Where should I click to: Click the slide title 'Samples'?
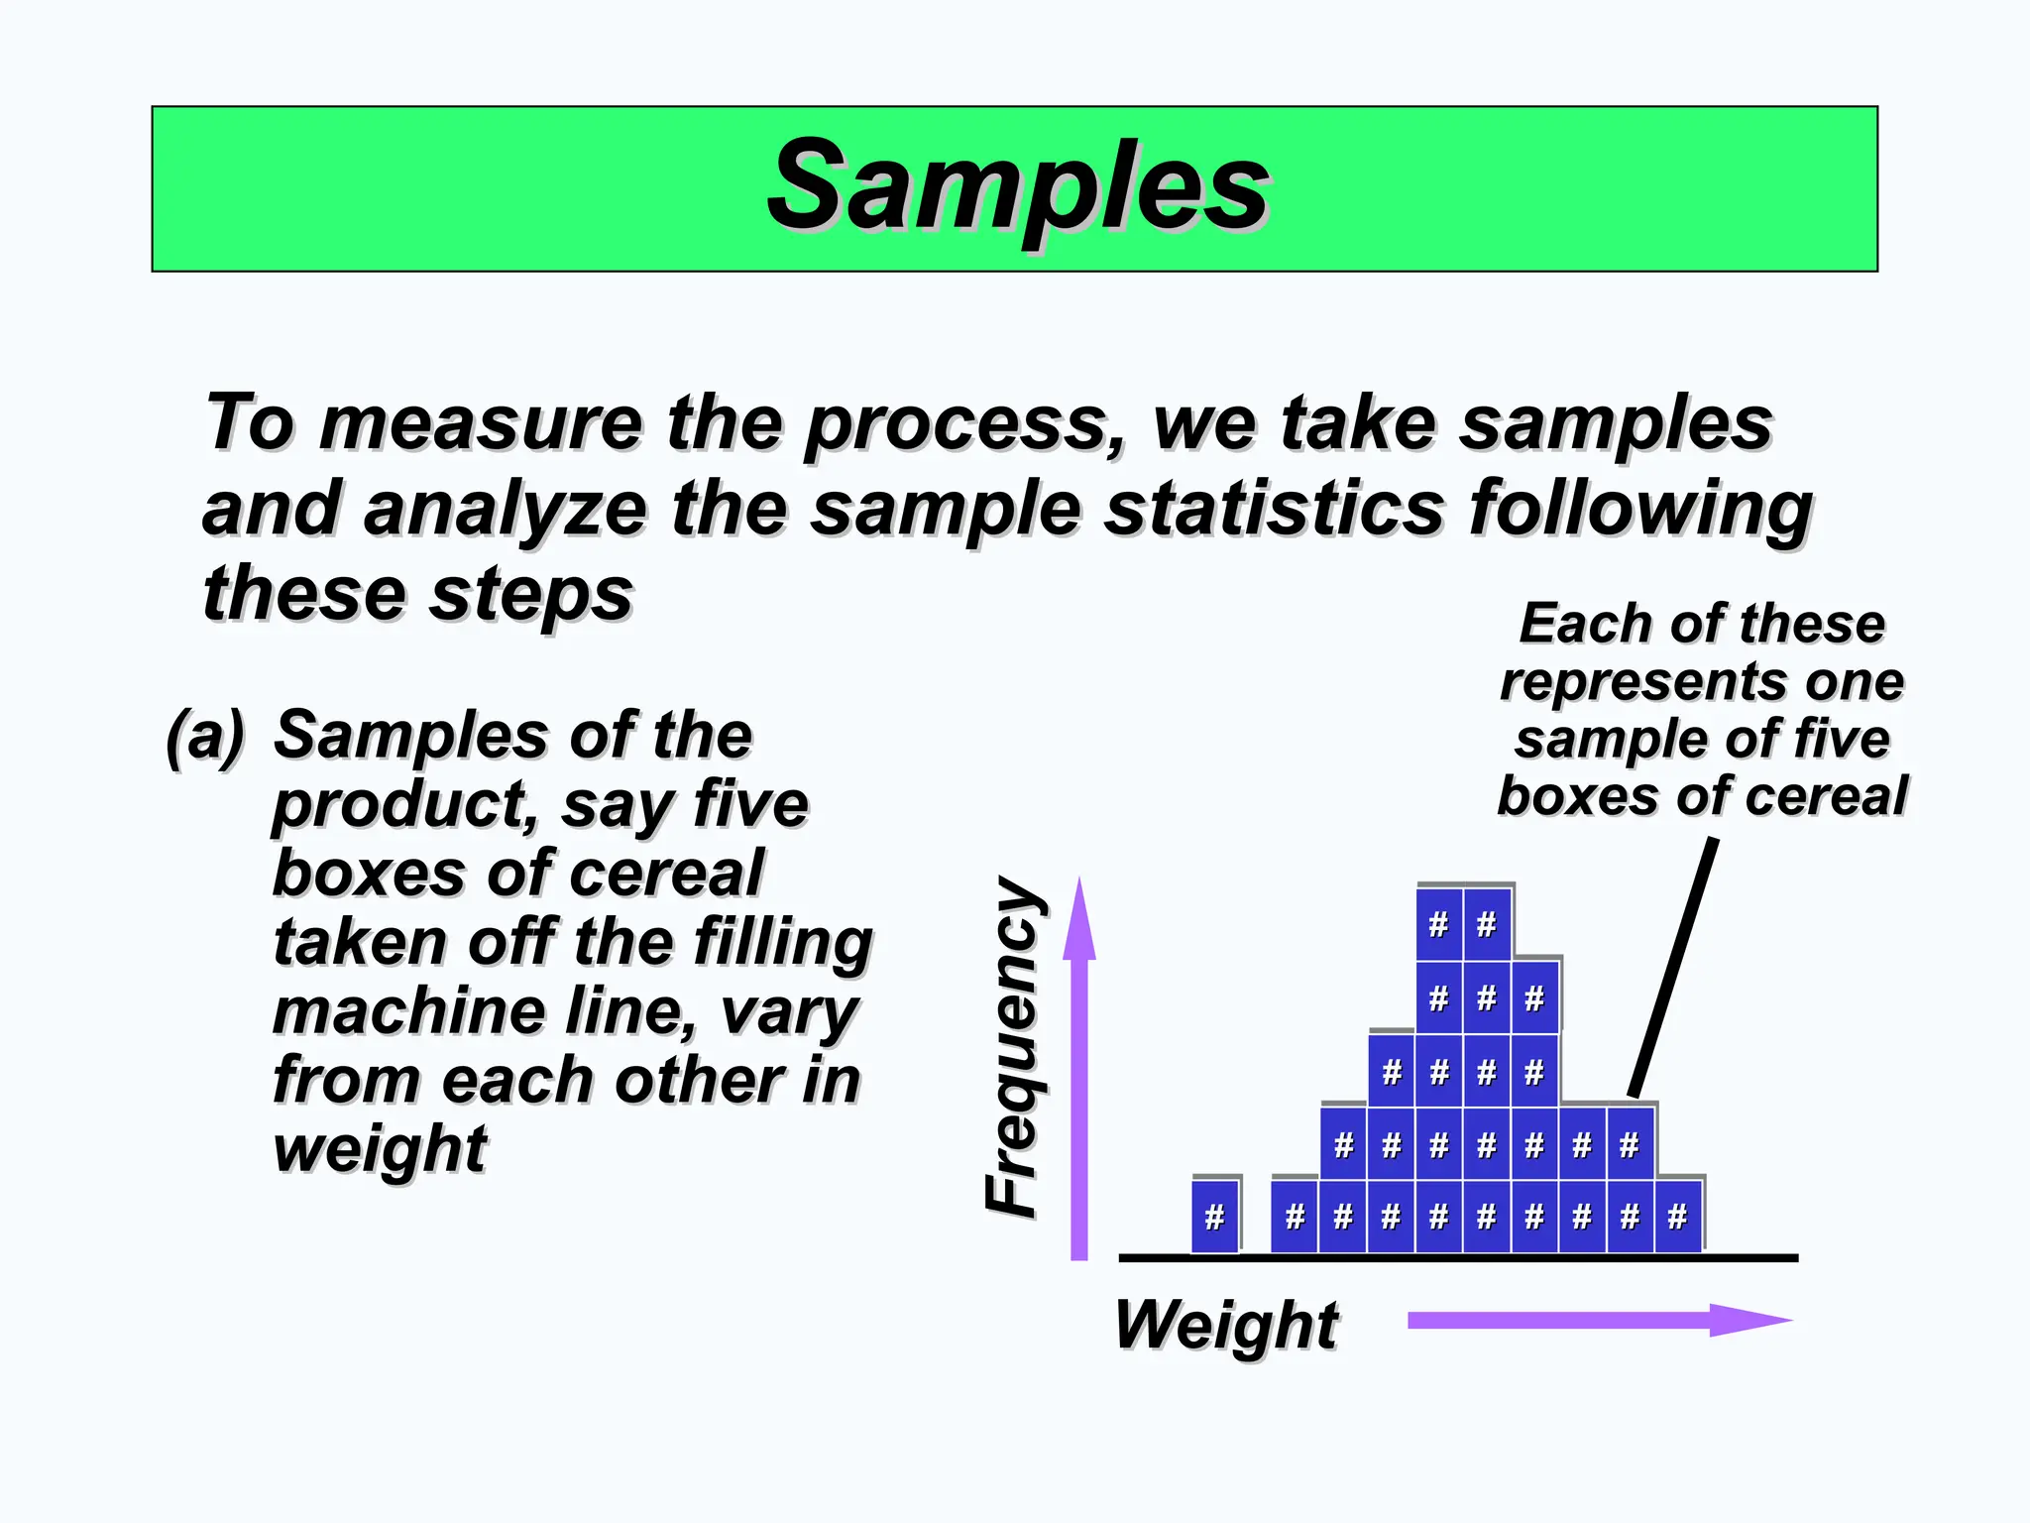coord(1018,186)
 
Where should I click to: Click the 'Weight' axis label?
coord(1226,1325)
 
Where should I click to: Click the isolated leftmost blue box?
coord(1215,1216)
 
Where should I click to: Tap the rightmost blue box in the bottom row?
coord(1677,1216)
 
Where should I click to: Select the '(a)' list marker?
coord(205,736)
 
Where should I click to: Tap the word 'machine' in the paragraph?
coord(405,1011)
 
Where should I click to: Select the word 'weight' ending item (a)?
coord(380,1149)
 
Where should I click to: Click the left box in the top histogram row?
coord(1439,924)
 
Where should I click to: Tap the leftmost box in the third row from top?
coord(1392,1071)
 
